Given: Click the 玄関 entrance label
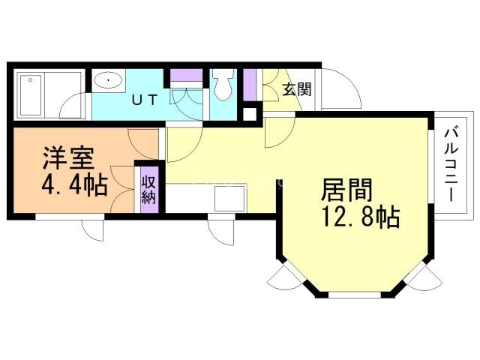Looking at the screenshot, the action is pyautogui.click(x=296, y=89).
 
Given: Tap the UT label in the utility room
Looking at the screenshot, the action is pyautogui.click(x=145, y=100).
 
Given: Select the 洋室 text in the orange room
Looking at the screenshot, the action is pyautogui.click(x=67, y=158).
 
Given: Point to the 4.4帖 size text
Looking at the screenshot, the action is pyautogui.click(x=74, y=184).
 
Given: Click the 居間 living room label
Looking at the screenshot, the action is pyautogui.click(x=346, y=190).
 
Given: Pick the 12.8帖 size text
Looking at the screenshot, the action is pyautogui.click(x=360, y=217).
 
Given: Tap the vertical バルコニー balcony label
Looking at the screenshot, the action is pyautogui.click(x=451, y=165).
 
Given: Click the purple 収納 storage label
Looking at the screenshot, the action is pyautogui.click(x=149, y=190).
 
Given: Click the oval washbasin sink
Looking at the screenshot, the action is pyautogui.click(x=109, y=80).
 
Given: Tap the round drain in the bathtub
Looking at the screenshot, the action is pyautogui.click(x=30, y=80).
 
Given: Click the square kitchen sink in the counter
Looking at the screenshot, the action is pyautogui.click(x=229, y=199).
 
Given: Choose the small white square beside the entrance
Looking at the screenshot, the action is pyautogui.click(x=250, y=115).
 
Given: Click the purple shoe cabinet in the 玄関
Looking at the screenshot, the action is pyautogui.click(x=250, y=85).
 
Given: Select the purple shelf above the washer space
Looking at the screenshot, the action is pyautogui.click(x=186, y=75).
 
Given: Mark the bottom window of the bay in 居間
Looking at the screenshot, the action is pyautogui.click(x=355, y=295).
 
